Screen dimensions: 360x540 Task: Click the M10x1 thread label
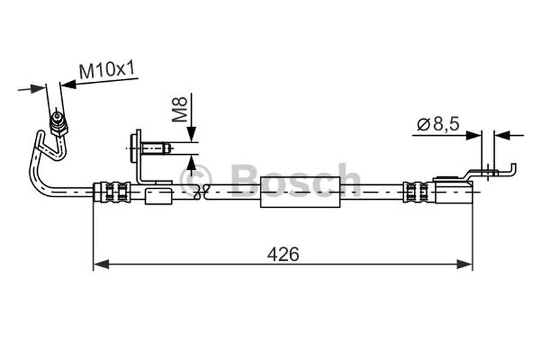pyautogui.click(x=107, y=70)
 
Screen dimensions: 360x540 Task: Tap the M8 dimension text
pyautogui.click(x=179, y=109)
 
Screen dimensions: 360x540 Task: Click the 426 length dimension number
pyautogui.click(x=283, y=255)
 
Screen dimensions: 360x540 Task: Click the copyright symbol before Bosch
pyautogui.click(x=196, y=180)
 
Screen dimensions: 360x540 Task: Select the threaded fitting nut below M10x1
pyautogui.click(x=59, y=124)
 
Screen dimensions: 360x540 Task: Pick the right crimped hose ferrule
pyautogui.click(x=416, y=192)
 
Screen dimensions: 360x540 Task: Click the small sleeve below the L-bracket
pyautogui.click(x=160, y=196)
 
